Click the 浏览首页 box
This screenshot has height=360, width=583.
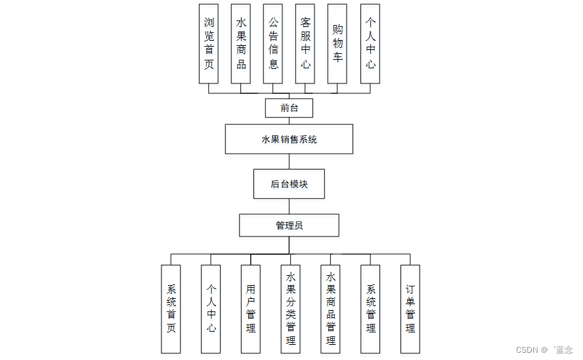[x=209, y=43]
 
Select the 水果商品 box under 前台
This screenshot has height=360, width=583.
[x=241, y=43]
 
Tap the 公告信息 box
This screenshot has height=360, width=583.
[x=273, y=43]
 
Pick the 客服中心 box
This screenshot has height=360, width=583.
[x=305, y=43]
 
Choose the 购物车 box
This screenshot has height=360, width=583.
[x=337, y=43]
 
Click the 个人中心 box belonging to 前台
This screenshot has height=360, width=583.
[x=370, y=43]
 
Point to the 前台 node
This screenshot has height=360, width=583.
[x=289, y=108]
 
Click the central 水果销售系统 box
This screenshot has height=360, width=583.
[x=289, y=139]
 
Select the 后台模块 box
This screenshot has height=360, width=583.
[x=289, y=184]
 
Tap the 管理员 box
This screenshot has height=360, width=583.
[x=289, y=225]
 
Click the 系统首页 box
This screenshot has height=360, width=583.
[x=171, y=309]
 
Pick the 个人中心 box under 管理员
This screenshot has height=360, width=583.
[x=211, y=309]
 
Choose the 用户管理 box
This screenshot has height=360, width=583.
[x=251, y=309]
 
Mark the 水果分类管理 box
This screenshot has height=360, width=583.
[x=291, y=309]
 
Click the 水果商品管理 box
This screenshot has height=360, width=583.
[x=331, y=309]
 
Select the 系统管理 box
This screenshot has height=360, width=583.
[x=371, y=309]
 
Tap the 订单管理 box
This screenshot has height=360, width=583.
[x=410, y=309]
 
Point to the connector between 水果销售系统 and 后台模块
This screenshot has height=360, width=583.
[x=289, y=162]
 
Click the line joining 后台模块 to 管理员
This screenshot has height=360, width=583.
[x=289, y=206]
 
